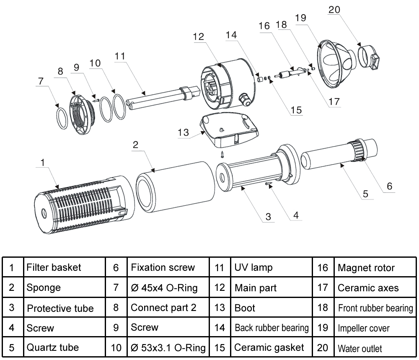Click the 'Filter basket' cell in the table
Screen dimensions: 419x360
click(65, 267)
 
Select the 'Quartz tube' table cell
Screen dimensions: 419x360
click(65, 347)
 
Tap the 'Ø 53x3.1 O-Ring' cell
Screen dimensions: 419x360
click(168, 347)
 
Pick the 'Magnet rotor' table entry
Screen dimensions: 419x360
click(375, 267)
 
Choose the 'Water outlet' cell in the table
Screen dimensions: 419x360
click(375, 347)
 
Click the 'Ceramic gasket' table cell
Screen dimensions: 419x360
click(272, 347)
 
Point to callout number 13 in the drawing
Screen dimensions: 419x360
click(184, 132)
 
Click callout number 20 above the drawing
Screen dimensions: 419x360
click(334, 10)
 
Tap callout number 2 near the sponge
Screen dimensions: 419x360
click(135, 145)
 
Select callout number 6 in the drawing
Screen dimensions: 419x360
click(389, 186)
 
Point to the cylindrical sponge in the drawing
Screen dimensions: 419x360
click(175, 187)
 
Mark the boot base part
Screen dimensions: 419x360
click(229, 130)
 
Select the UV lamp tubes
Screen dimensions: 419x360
click(163, 98)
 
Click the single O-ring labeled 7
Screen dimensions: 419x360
click(62, 119)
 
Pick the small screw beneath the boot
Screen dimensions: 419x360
click(222, 154)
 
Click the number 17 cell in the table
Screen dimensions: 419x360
click(323, 287)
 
